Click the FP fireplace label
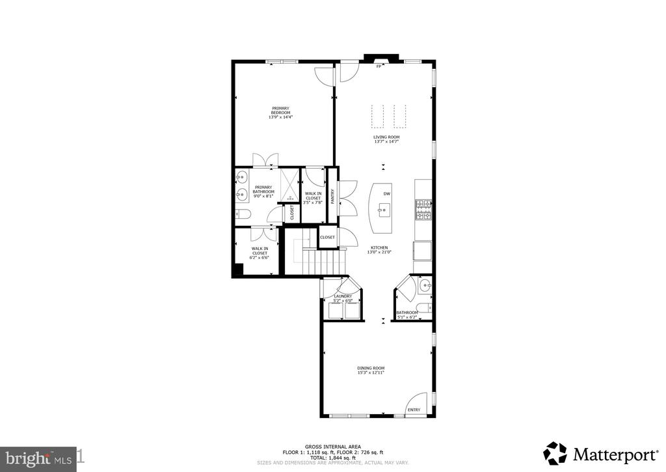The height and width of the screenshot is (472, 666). coord(378,66)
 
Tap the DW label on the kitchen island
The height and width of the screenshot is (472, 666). coord(386,193)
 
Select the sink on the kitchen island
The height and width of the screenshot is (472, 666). coord(384,209)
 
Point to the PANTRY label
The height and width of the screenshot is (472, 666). coord(332,197)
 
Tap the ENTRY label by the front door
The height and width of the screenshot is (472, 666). coord(413,410)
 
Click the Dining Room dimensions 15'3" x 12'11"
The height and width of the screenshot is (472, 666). coord(371,373)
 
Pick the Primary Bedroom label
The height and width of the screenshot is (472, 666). coord(281,111)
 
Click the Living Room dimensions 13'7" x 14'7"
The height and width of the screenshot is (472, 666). coord(386,142)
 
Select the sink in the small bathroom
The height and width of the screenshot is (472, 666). coord(424,285)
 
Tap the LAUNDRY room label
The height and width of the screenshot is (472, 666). coord(343,296)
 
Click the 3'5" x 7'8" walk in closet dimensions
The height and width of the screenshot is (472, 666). coord(313,202)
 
